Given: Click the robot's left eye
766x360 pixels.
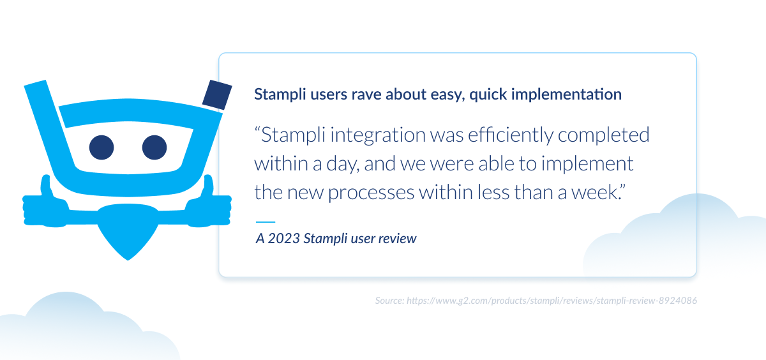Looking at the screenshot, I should pos(101,147).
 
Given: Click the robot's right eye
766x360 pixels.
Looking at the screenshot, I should pos(154,147).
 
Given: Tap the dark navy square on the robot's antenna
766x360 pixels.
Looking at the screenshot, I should pos(216,95).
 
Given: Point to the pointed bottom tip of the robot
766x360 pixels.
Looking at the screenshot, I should pos(128,257).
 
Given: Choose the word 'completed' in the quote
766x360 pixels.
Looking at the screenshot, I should pos(606,135).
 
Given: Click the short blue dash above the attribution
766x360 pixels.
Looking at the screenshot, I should pos(265,222).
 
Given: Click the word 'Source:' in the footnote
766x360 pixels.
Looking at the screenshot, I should pos(389,299).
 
